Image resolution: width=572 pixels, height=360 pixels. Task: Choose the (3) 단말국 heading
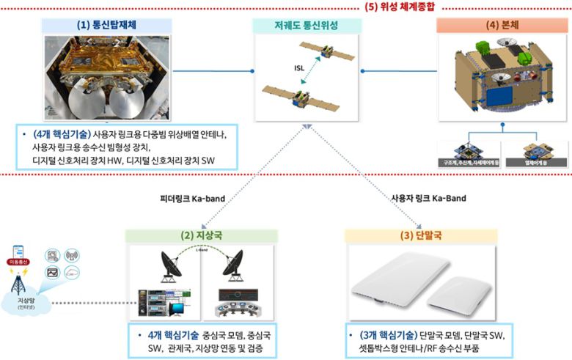420,236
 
